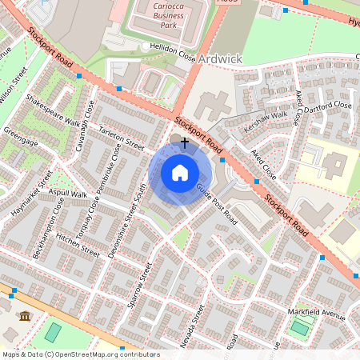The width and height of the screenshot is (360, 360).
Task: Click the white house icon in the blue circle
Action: coord(180,173)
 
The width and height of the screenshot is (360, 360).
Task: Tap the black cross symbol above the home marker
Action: coord(185,142)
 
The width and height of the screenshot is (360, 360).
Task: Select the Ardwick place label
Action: coord(219,59)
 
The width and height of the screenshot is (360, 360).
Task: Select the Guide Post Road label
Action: coord(217,204)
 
